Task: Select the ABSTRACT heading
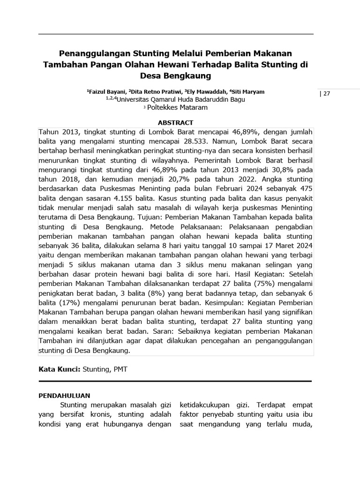pyautogui.click(x=176, y=122)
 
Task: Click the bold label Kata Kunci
pyautogui.click(x=59, y=369)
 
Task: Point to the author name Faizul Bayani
pyautogui.click(x=106, y=91)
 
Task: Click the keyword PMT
pyautogui.click(x=120, y=369)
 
